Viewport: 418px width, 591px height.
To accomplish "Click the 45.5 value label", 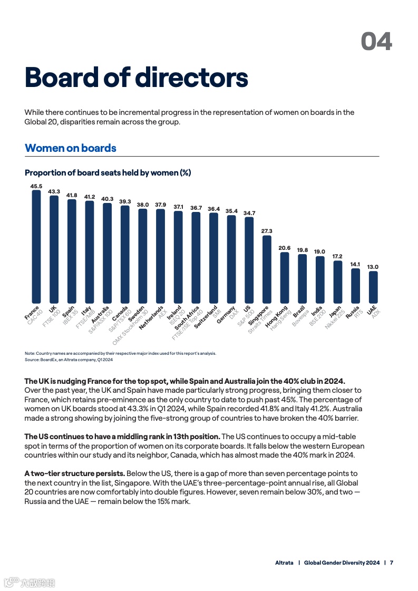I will click(x=36, y=186).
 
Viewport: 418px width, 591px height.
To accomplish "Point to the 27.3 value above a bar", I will click(x=267, y=231).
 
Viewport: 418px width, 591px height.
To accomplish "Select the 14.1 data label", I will click(x=355, y=264).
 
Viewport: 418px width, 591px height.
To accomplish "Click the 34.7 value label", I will click(x=249, y=213).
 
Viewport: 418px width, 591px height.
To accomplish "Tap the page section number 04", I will click(x=376, y=41).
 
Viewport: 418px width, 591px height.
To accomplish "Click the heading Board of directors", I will click(x=136, y=77).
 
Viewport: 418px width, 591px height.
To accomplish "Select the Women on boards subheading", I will click(x=71, y=148).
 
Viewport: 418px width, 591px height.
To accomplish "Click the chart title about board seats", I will click(x=108, y=173).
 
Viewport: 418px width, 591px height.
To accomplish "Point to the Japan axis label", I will click(x=335, y=311).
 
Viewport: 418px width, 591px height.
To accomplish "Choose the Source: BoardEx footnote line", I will click(x=69, y=360).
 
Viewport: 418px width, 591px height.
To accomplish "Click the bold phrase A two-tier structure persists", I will click(x=75, y=473).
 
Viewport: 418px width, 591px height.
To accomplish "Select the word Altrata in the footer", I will click(x=284, y=563).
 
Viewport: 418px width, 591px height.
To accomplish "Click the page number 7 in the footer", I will click(x=392, y=563).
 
